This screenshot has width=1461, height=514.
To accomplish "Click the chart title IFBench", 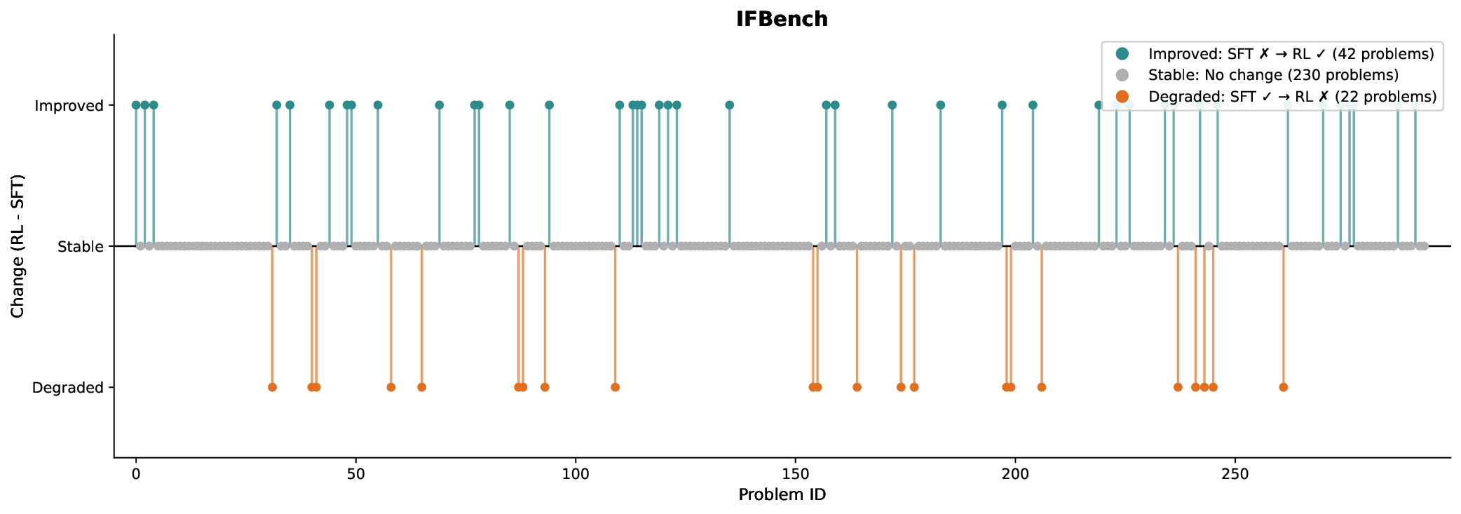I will tap(782, 19).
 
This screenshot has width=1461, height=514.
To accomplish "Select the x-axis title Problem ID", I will tap(782, 495).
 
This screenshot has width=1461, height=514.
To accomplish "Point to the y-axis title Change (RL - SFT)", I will tap(18, 246).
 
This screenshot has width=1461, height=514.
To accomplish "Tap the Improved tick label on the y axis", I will tap(69, 106).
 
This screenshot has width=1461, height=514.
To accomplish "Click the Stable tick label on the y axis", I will tap(80, 247).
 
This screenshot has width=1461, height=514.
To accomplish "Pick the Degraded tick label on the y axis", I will tap(67, 388).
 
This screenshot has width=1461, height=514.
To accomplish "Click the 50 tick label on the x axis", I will tap(355, 474).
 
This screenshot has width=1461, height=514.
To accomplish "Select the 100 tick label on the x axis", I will tap(576, 474).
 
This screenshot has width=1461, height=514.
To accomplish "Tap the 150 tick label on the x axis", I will tap(795, 474).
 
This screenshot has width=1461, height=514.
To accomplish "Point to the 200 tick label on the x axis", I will tap(1015, 474).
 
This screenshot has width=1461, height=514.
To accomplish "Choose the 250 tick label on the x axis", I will tap(1235, 474).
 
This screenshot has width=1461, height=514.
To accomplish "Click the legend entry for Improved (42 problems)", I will tap(1291, 54).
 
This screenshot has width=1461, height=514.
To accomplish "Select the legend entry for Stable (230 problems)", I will tap(1273, 75).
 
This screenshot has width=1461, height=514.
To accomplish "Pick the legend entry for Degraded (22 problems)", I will tap(1292, 97).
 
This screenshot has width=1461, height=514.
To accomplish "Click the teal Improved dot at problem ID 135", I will tap(729, 105).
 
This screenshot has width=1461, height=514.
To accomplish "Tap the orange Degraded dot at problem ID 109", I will tap(615, 387).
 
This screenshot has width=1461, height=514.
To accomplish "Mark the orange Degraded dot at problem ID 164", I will tap(857, 387).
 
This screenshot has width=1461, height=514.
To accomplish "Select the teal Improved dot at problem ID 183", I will tap(940, 105).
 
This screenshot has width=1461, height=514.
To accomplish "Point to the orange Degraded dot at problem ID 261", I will tap(1283, 387).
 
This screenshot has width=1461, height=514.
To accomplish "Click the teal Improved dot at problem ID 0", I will tap(136, 105).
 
